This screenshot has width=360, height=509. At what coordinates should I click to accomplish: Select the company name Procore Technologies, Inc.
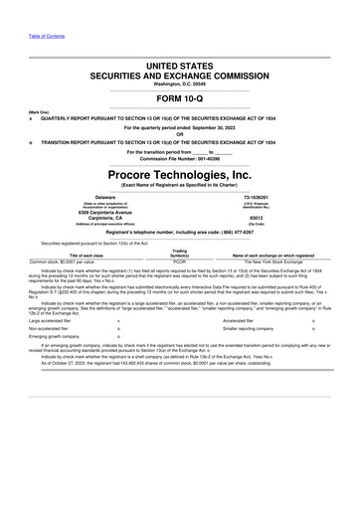(179, 175)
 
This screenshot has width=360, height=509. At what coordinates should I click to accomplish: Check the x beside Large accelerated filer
(118, 322)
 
